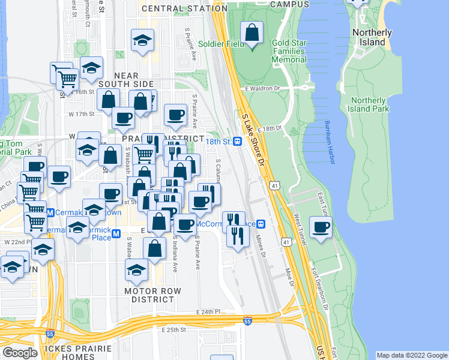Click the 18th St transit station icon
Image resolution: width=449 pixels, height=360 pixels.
pos(238,141)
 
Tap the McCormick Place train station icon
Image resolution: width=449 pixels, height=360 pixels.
pos(261,224)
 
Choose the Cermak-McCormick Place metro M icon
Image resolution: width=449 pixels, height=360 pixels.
pos(116,233)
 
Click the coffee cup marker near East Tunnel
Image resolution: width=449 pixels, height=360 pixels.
pos(321,227)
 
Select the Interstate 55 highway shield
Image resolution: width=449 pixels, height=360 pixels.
pos(247,322)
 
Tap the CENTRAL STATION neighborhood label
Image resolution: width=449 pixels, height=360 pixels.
pos(176,9)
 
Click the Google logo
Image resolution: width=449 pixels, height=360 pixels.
pos(20,353)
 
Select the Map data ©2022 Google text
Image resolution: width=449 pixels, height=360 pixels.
pos(411,355)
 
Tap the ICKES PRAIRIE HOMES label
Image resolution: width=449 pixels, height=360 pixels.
pos(68,353)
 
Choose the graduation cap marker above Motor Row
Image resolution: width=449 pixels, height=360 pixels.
pos(137,269)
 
